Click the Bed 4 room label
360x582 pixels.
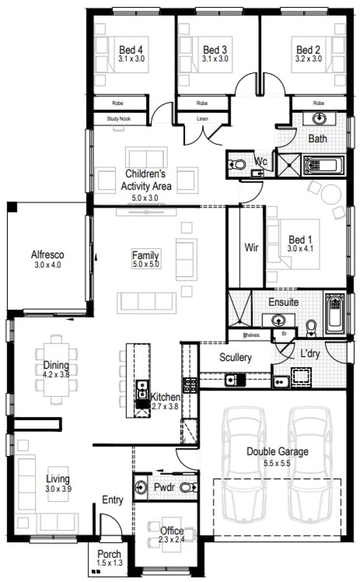tap(131, 49)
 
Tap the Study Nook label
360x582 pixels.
tap(119, 119)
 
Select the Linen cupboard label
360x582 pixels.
tap(202, 119)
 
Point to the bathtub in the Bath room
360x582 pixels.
tap(324, 165)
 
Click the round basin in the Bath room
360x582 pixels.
tap(319, 119)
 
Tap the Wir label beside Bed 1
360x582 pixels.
tap(251, 247)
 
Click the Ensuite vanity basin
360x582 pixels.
tap(278, 319)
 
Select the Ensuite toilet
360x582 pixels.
tap(311, 328)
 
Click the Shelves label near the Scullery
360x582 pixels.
tap(251, 335)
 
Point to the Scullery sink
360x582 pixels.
tap(231, 380)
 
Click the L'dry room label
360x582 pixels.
tap(310, 353)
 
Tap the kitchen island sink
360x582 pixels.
tap(142, 389)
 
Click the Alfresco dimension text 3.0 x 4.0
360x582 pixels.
tap(48, 265)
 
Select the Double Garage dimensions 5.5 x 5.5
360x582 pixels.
tap(277, 463)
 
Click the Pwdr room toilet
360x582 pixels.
tap(189, 487)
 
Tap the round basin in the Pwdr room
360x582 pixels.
tap(141, 486)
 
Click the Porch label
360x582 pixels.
tap(109, 554)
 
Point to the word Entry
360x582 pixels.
tap(112, 500)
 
